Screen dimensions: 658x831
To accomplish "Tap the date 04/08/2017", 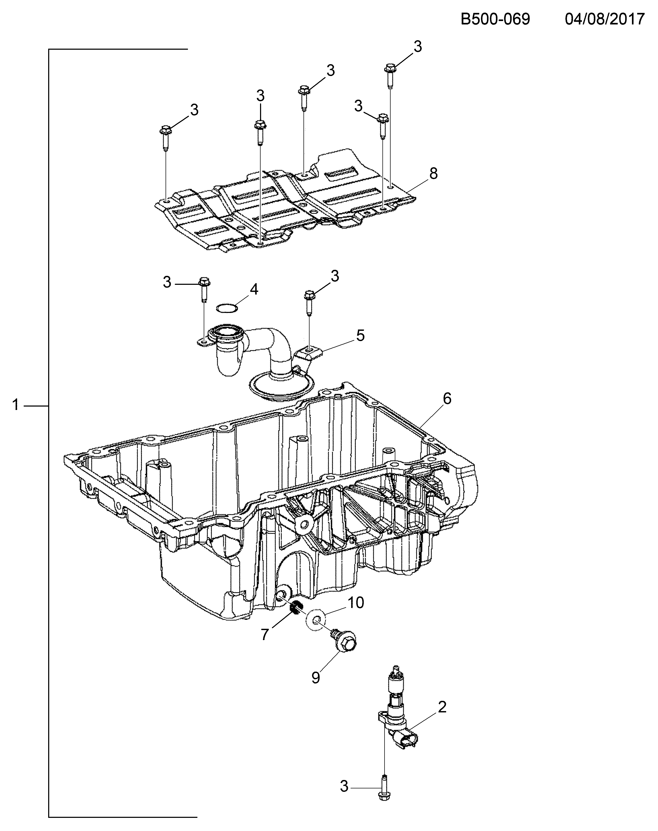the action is click(x=605, y=19).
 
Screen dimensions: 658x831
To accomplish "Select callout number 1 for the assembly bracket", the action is click(x=16, y=405).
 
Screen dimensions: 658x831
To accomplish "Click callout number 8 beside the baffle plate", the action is click(x=433, y=174).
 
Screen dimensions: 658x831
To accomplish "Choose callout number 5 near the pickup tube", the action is click(x=360, y=335).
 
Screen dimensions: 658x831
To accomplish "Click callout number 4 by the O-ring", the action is click(x=254, y=290).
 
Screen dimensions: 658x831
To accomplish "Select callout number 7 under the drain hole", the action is click(x=264, y=635).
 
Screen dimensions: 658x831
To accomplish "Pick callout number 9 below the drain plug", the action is click(x=316, y=677).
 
